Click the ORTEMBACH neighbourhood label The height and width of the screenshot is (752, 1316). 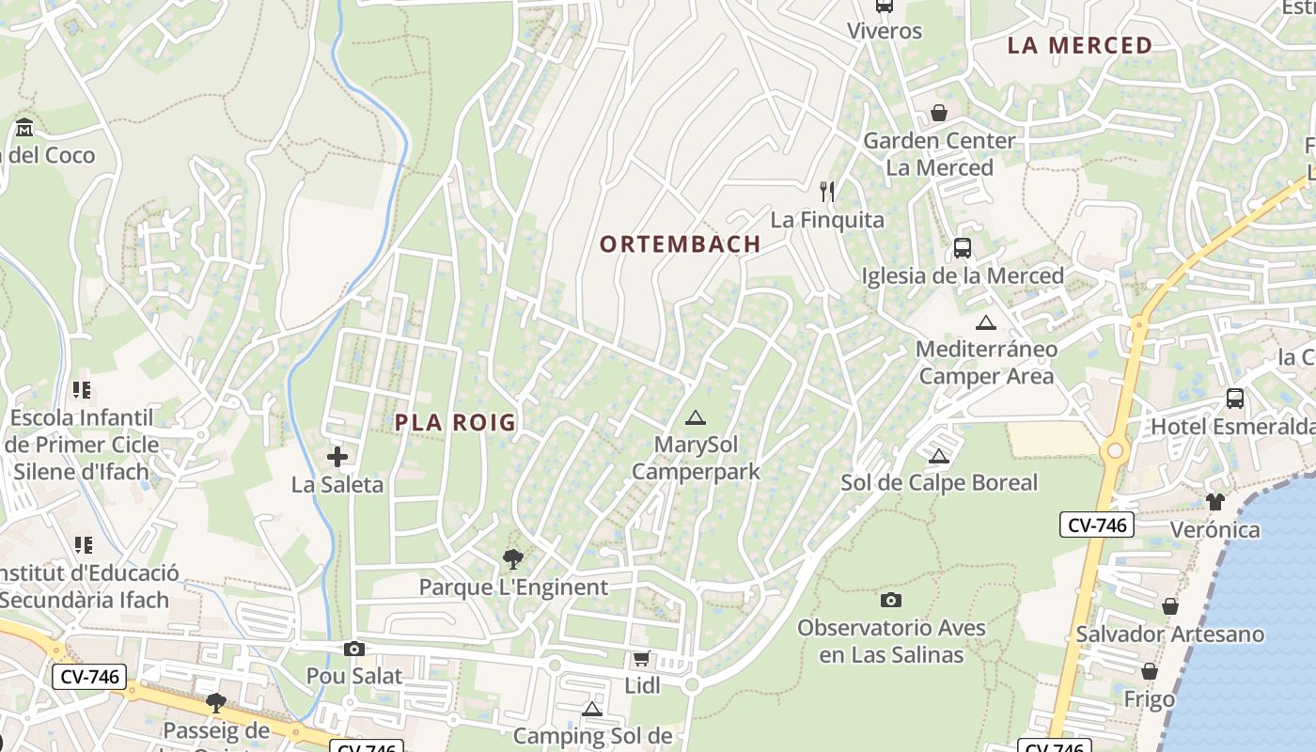tap(680, 244)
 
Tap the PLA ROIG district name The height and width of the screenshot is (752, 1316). tap(455, 423)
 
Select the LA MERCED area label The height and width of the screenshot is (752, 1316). tap(1079, 45)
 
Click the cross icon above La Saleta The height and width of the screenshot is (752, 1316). tap(337, 458)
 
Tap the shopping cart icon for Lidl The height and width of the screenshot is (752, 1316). tap(641, 658)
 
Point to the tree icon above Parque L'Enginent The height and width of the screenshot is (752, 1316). tap(512, 559)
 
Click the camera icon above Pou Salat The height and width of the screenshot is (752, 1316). tap(354, 649)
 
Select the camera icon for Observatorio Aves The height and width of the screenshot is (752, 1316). tap(890, 600)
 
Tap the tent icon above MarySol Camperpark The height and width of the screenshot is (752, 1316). tap(695, 417)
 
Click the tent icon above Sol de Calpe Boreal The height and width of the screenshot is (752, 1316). tap(938, 457)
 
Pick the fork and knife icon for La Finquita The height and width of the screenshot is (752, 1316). tap(827, 192)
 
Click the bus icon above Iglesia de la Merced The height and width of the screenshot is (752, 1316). tap(962, 248)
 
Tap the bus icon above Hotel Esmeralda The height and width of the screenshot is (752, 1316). tap(1234, 399)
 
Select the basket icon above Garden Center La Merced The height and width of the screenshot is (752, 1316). tap(938, 113)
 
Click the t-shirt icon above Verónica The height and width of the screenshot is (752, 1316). tap(1214, 502)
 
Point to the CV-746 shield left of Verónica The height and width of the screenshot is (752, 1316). tap(1096, 525)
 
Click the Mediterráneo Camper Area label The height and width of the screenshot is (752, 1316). tap(986, 363)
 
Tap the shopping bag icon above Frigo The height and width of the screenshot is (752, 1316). tap(1149, 671)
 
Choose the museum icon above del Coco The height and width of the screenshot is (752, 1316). tap(24, 127)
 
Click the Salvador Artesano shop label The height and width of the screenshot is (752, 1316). tap(1169, 634)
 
